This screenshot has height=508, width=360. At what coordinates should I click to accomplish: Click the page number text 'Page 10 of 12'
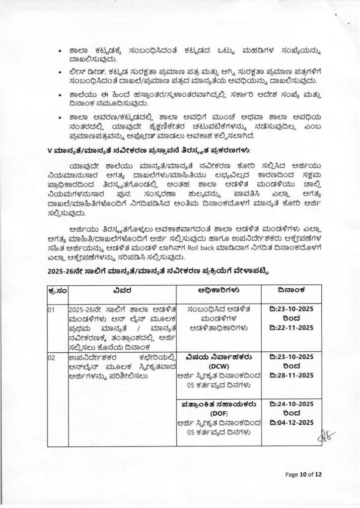(x=304, y=474)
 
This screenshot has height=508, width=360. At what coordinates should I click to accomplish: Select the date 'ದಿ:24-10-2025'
(x=294, y=404)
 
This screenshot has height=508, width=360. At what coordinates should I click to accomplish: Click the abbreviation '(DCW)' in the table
(x=221, y=366)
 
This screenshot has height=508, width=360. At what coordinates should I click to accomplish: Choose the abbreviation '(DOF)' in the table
(x=221, y=413)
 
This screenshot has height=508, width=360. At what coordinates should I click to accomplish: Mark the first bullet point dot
(x=60, y=51)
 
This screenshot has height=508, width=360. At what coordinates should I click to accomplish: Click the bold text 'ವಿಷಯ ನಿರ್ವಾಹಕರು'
(x=221, y=357)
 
